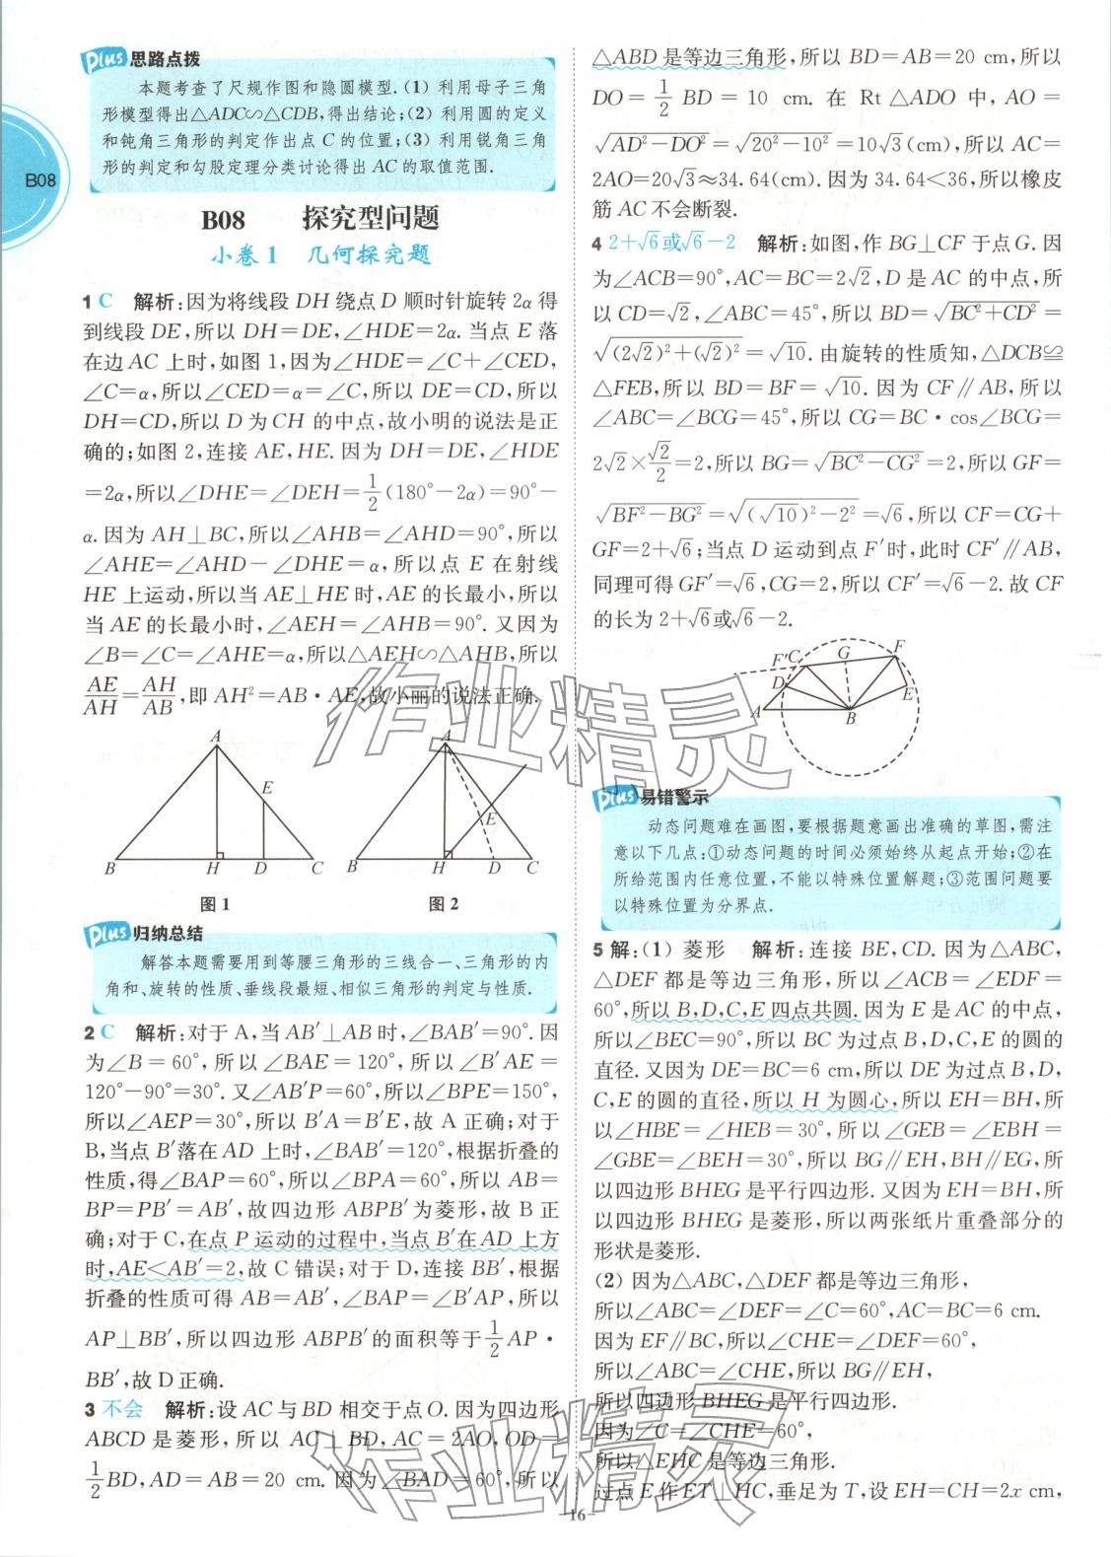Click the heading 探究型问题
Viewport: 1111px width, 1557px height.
pyautogui.click(x=371, y=219)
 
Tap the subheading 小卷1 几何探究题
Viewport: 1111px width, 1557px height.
pyautogui.click(x=320, y=255)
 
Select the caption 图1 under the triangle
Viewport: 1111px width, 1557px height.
pyautogui.click(x=214, y=904)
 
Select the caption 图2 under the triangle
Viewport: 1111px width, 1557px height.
pyautogui.click(x=444, y=904)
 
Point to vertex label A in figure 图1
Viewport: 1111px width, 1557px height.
pyautogui.click(x=214, y=736)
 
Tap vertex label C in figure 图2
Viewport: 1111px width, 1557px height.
pyautogui.click(x=532, y=868)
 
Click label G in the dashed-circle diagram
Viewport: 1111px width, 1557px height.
pyautogui.click(x=844, y=653)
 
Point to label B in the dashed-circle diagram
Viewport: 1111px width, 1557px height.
pyautogui.click(x=850, y=719)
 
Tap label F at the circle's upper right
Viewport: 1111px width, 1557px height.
pyautogui.click(x=897, y=646)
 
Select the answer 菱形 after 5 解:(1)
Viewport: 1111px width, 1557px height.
pyautogui.click(x=702, y=950)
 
